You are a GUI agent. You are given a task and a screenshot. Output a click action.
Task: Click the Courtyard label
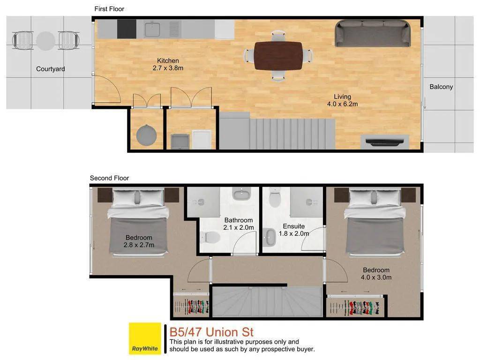[x=51, y=69]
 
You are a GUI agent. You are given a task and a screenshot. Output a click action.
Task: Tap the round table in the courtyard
[x=45, y=41]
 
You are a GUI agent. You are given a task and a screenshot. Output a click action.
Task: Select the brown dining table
[x=278, y=56]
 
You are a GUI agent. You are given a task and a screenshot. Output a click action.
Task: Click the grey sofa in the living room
[x=373, y=33]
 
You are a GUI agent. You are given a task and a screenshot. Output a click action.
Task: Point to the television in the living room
[x=385, y=142]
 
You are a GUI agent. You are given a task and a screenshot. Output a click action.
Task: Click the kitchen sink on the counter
[x=152, y=29]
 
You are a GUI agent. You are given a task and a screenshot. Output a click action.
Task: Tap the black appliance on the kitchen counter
[x=127, y=29]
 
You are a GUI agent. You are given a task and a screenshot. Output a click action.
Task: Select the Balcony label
[x=441, y=87]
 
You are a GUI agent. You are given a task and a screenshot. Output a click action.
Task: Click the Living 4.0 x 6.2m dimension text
[x=342, y=100]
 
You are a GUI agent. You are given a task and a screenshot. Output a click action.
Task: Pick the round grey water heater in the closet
[x=146, y=135]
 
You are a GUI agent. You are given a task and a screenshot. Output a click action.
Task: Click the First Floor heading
[x=109, y=9]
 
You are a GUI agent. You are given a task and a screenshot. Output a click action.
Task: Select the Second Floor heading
[x=109, y=178]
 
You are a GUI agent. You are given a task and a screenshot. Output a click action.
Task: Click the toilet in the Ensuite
[x=275, y=197]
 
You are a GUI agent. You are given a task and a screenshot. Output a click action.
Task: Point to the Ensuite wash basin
[x=270, y=237]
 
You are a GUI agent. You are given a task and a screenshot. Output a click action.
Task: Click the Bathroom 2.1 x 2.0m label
[x=239, y=224]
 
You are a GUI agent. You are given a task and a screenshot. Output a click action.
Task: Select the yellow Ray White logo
[x=145, y=338]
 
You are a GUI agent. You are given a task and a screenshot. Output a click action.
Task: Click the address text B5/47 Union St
[x=211, y=332]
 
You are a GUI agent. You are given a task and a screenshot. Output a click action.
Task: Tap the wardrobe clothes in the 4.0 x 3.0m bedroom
[x=355, y=307]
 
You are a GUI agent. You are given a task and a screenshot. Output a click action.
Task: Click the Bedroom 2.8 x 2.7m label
[x=139, y=241]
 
